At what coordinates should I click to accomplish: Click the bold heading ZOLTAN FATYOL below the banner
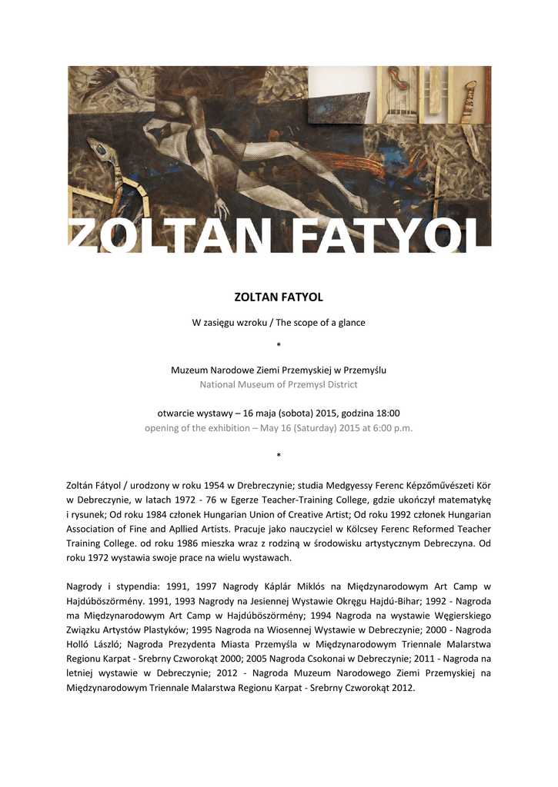point(278,296)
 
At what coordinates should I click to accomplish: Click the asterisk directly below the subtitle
point(278,346)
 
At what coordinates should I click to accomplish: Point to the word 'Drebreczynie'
point(288,486)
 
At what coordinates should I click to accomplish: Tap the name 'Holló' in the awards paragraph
point(80,645)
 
